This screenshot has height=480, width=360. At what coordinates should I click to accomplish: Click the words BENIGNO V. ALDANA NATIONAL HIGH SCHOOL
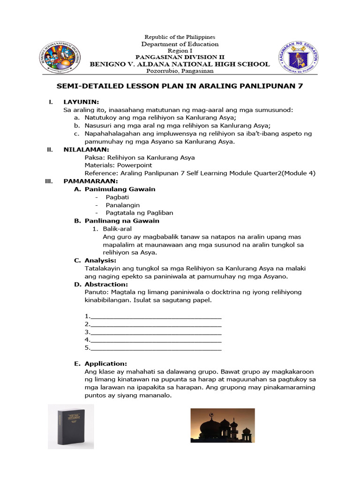(180, 64)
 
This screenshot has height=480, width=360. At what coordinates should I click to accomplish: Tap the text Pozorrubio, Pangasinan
(180, 71)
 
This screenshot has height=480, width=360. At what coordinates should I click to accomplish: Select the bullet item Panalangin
(123, 205)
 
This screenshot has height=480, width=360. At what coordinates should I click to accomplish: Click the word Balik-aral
(117, 229)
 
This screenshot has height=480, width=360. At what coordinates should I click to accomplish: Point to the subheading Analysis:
(100, 260)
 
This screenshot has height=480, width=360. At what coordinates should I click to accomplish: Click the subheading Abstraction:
(105, 284)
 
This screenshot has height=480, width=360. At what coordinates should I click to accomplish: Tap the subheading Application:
(105, 363)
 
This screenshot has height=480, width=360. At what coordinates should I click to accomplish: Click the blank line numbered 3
(155, 332)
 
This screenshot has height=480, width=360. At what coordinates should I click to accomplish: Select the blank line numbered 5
(155, 348)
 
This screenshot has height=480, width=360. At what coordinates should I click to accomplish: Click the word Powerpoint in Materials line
(135, 165)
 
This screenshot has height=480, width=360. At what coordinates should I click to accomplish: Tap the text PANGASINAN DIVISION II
(180, 57)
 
